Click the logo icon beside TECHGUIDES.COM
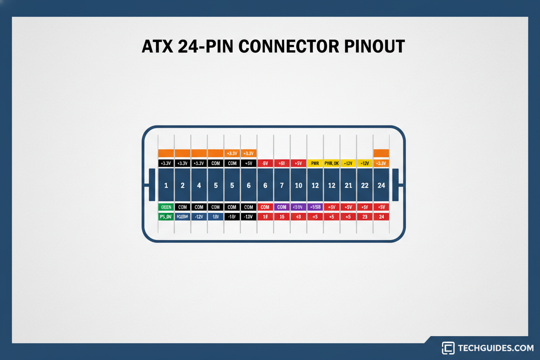pos(448,348)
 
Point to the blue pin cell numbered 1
pos(166,185)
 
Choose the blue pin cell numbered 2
pos(183,185)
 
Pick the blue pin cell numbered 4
pos(199,185)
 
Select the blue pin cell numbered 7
pos(282,185)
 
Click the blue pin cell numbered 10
pos(299,185)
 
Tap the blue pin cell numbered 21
pos(348,185)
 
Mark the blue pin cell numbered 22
pos(365,185)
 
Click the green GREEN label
pos(166,207)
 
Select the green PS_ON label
pos(166,217)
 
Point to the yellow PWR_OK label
pos(331,164)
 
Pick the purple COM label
pos(282,207)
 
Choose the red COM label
pos(265,207)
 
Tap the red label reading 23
pos(365,217)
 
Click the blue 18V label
pos(215,217)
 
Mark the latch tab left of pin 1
pos(151,185)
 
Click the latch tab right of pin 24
pos(395,185)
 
